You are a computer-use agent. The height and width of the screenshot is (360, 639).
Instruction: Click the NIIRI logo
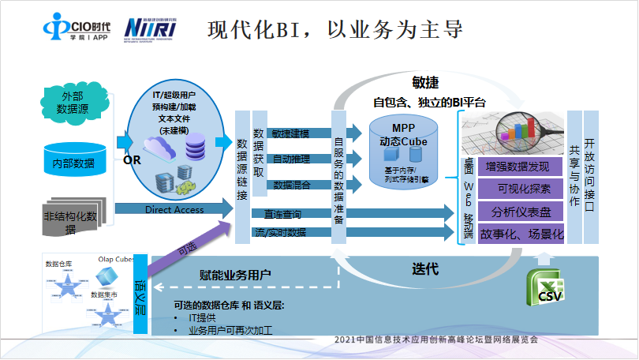coord(151,28)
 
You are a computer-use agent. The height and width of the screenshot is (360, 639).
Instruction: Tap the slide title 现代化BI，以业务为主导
coord(334,30)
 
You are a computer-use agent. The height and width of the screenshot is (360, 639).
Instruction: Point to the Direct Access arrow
coord(174,210)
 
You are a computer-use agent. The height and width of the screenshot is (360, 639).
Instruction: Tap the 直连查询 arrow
coord(284,214)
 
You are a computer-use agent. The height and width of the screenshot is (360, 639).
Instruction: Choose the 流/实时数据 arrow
coord(284,232)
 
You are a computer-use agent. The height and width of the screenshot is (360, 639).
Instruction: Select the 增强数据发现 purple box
coord(518,167)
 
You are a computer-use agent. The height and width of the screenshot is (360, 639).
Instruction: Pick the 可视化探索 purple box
coord(518,189)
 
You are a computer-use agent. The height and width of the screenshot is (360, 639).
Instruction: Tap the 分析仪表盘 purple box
coord(518,212)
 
